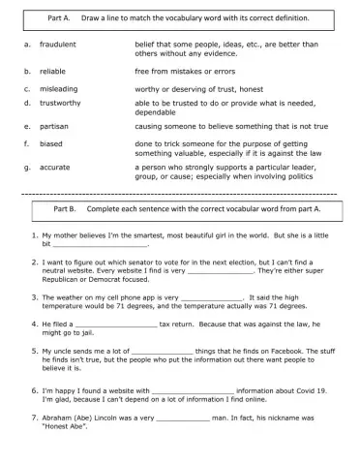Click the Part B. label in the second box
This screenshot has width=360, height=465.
66,208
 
